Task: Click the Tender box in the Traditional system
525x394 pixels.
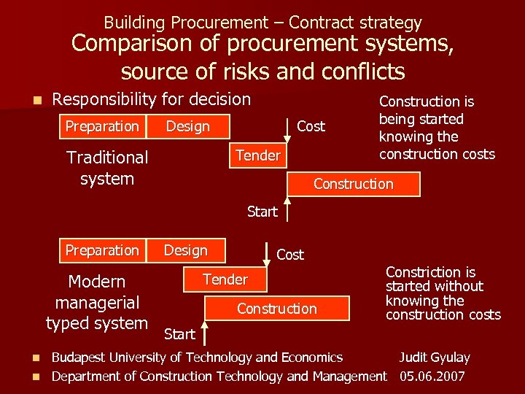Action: coord(258,155)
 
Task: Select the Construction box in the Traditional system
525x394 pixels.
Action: coord(354,184)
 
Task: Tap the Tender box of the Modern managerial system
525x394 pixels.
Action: coord(225,279)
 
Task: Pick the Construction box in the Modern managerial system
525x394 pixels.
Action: coord(277,309)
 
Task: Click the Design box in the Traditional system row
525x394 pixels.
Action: coord(188,126)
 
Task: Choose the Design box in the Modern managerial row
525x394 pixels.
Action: coord(186,250)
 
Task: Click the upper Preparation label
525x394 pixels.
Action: coord(102,126)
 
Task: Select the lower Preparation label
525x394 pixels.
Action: coord(102,250)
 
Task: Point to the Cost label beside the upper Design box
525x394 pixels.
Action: coord(311,126)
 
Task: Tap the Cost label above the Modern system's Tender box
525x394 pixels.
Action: coord(290,255)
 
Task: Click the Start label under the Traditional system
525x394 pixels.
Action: coord(262,212)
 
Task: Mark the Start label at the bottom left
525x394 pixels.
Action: coord(179,334)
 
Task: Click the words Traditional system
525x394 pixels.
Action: coord(107,168)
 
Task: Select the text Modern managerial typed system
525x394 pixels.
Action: coord(97,302)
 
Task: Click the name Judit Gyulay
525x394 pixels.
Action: coord(434,358)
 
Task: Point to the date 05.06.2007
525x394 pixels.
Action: coord(433,376)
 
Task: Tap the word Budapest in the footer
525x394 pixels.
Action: coord(79,358)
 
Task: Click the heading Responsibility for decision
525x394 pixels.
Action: coord(152,99)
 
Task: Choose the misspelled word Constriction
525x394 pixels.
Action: coord(419,272)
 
